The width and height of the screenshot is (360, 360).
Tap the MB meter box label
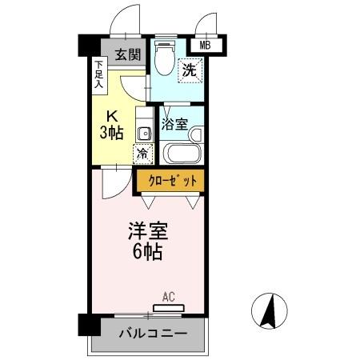click(x=206, y=46)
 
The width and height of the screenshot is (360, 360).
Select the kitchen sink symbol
click(x=142, y=132)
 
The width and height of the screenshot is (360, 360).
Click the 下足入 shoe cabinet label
click(x=99, y=73)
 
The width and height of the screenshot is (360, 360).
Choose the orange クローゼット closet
click(x=170, y=181)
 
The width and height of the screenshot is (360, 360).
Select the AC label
click(x=168, y=297)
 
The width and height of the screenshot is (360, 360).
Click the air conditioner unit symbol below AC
click(x=168, y=307)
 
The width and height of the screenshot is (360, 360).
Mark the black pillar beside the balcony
click(x=85, y=326)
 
